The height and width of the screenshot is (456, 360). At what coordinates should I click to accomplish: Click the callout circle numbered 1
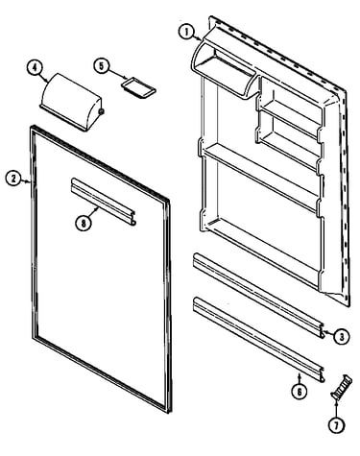tap(186, 33)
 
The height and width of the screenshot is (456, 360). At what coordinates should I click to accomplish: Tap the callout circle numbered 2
tap(13, 179)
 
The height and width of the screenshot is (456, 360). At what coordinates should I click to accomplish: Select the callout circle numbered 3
tap(342, 336)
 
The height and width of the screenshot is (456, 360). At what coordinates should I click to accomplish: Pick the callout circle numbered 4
tap(35, 67)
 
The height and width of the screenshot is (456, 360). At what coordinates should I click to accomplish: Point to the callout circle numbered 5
tap(102, 66)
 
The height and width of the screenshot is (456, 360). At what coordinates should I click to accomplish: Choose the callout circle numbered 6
tap(300, 391)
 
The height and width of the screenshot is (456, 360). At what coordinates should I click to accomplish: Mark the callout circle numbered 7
tap(336, 425)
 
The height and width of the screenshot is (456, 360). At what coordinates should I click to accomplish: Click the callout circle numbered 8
tap(84, 223)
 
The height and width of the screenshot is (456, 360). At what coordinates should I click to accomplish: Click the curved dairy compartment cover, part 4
tap(71, 101)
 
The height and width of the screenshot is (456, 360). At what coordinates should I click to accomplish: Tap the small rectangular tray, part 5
tap(138, 86)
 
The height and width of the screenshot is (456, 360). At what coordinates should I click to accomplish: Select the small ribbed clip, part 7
tap(341, 386)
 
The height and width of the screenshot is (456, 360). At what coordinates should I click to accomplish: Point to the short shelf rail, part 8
tap(104, 202)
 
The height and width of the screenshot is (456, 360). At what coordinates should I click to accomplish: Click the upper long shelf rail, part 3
tap(258, 295)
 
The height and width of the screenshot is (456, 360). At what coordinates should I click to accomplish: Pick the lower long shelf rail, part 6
tap(258, 339)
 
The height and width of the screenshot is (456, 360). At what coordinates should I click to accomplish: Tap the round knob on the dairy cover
tap(101, 111)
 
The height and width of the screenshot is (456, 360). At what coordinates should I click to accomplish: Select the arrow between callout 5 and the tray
tap(117, 73)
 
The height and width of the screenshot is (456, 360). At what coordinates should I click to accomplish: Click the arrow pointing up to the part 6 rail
tap(300, 378)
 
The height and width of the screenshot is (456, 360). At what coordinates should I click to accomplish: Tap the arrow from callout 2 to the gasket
tap(25, 181)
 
